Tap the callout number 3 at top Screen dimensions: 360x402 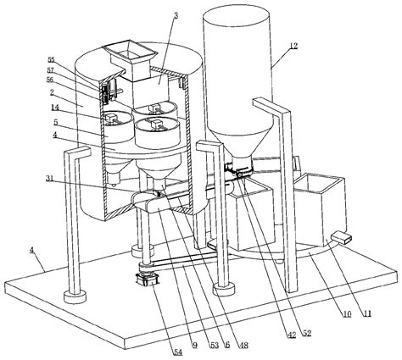click(x=176, y=14)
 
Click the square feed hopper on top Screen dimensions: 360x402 click(x=126, y=53)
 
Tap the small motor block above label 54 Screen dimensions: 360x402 click(x=147, y=277)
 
